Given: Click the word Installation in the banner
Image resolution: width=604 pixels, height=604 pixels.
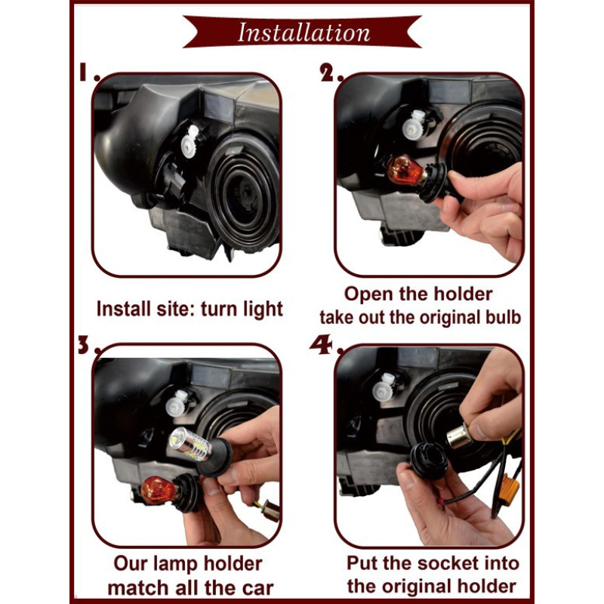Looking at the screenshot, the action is tap(304, 32).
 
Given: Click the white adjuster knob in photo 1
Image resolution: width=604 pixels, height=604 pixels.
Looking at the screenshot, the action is tap(190, 142).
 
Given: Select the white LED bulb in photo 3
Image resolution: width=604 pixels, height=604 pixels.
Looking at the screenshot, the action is tap(190, 444).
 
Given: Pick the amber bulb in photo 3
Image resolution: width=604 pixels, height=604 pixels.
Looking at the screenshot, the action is tap(159, 490).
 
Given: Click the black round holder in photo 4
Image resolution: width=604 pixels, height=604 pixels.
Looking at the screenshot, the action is tap(429, 461).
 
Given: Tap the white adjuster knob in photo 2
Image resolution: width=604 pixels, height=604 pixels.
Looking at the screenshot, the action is tap(414, 125).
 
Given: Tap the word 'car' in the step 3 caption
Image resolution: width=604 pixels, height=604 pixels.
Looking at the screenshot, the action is tap(257, 588).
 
